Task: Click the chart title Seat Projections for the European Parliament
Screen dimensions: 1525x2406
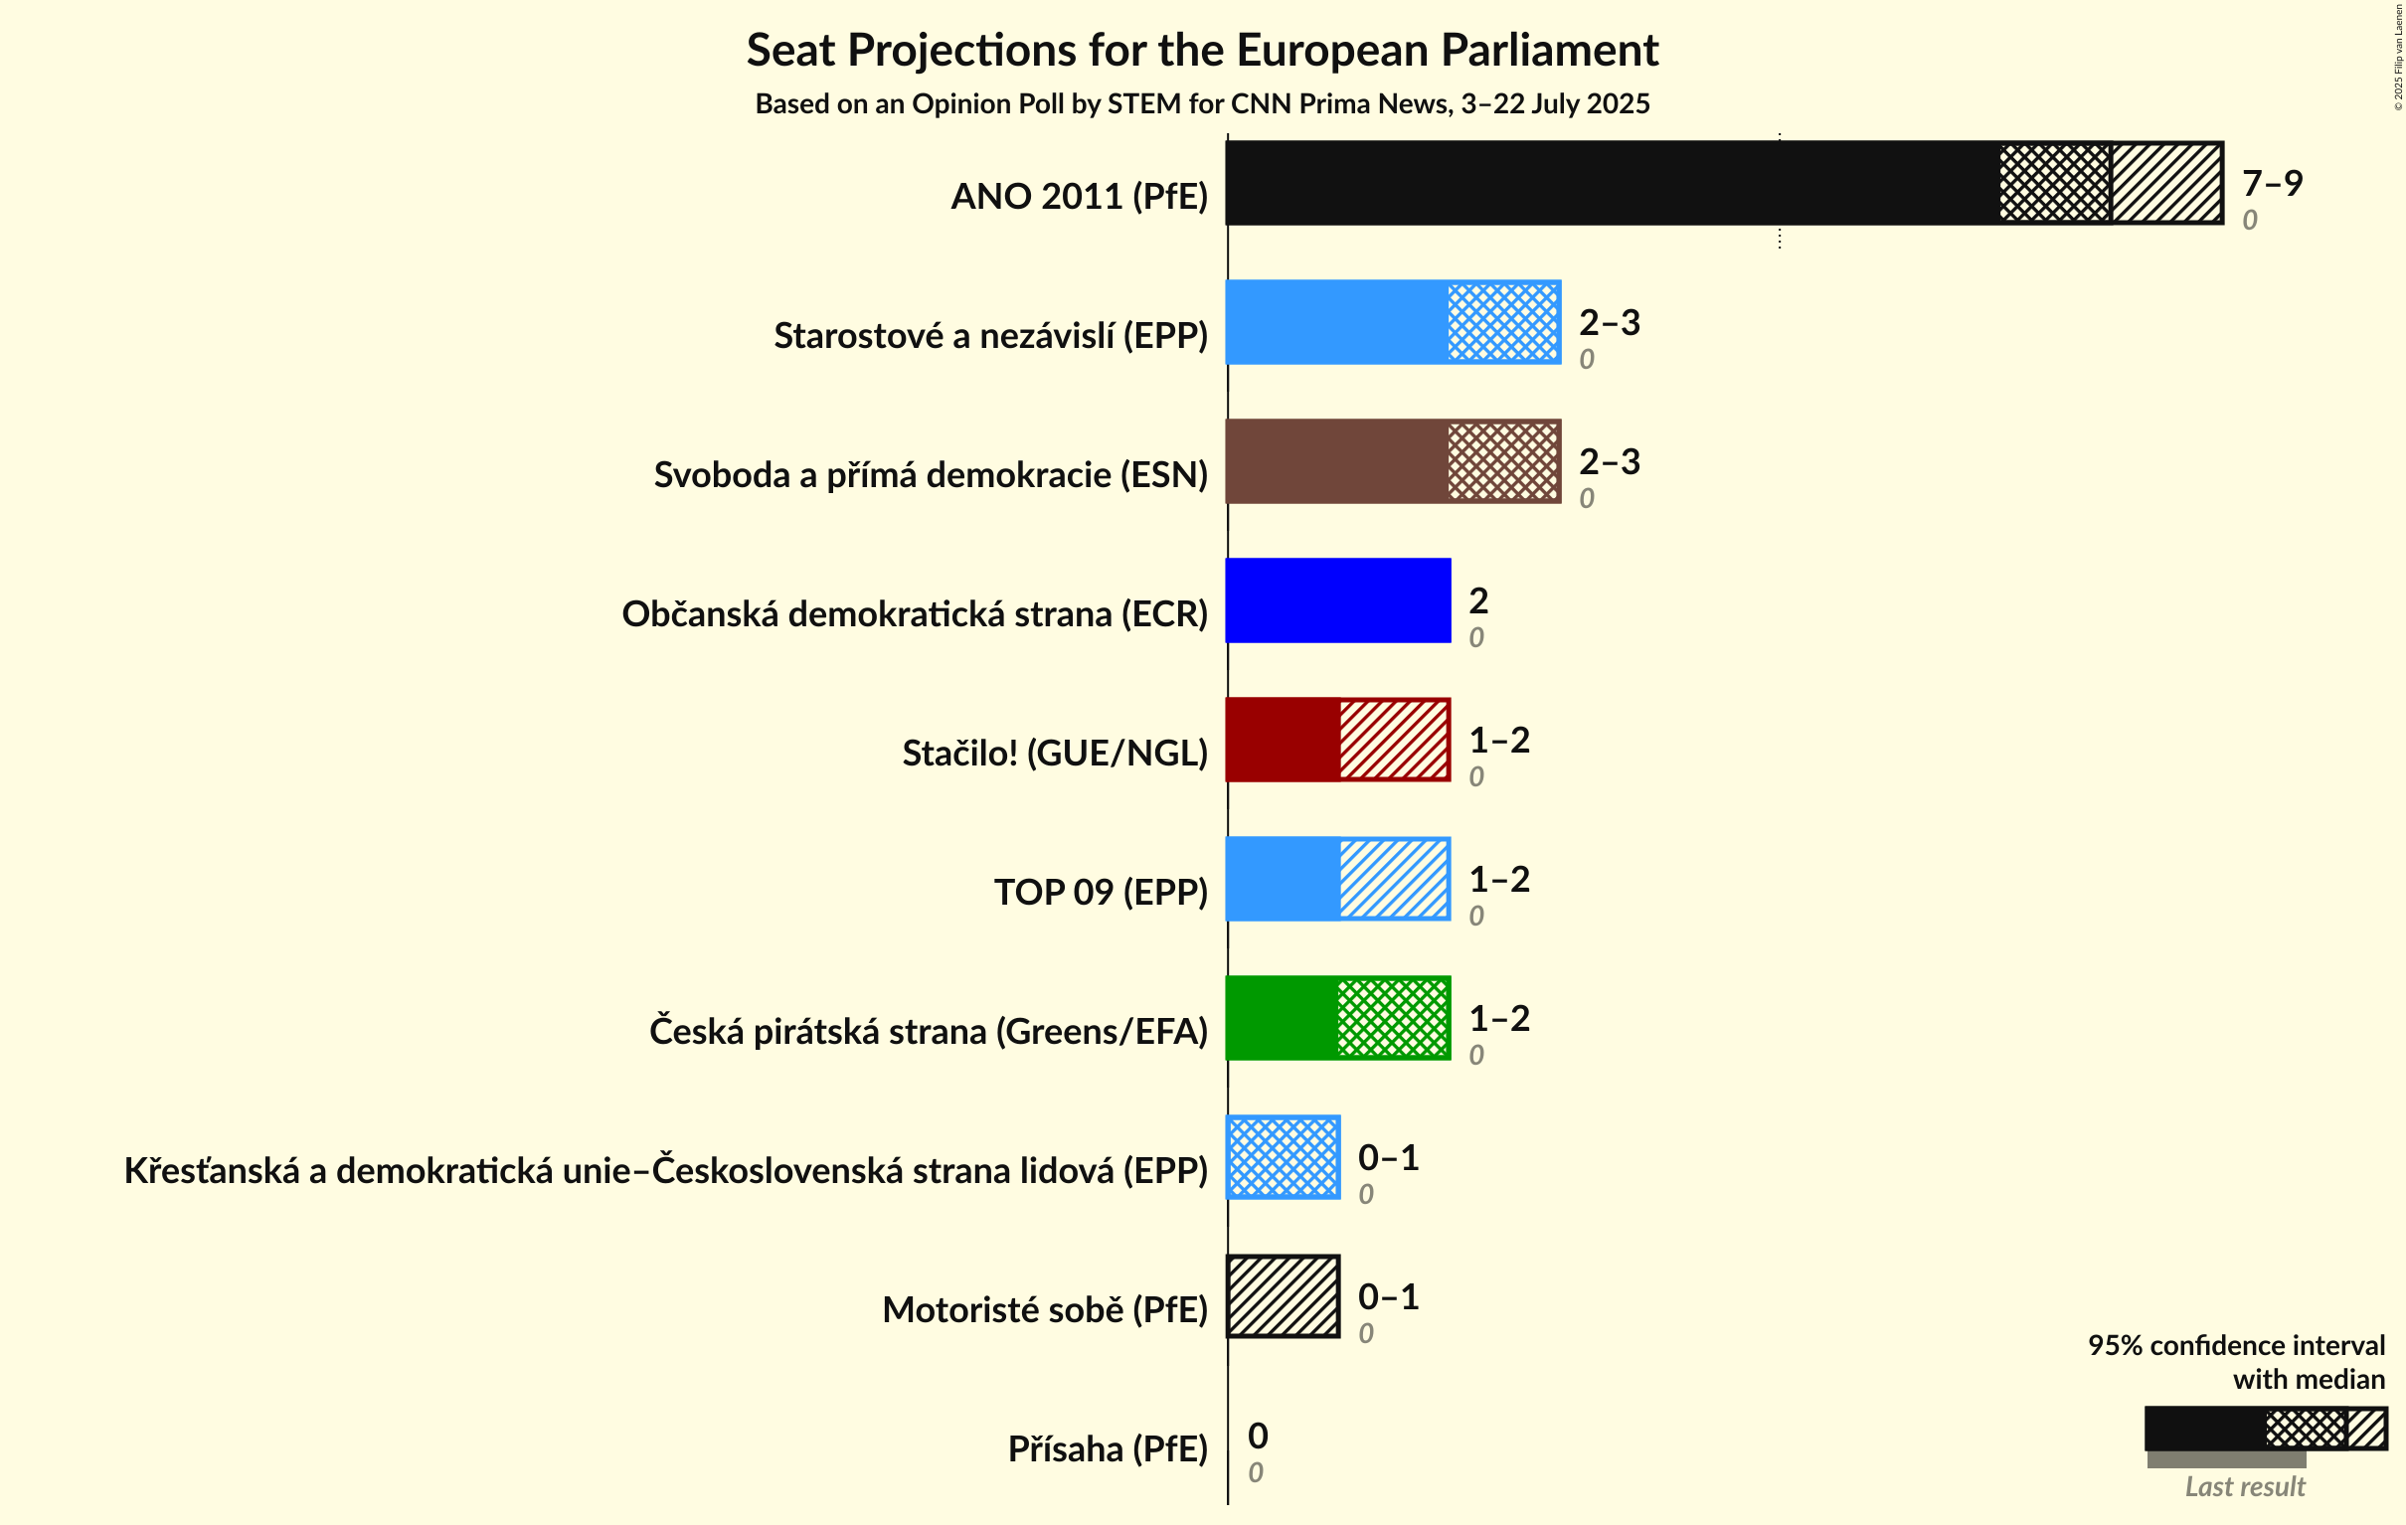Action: coord(1202,51)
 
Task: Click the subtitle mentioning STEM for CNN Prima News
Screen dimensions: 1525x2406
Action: coord(1202,104)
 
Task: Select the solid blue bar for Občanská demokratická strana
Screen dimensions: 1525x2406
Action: coord(1337,600)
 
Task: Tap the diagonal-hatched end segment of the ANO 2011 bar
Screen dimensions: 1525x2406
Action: coord(2166,183)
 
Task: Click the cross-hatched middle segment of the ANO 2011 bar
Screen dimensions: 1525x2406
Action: coord(2054,183)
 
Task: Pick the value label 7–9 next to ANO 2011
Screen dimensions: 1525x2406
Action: coord(2271,183)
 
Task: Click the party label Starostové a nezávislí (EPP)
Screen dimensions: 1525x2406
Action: coord(990,336)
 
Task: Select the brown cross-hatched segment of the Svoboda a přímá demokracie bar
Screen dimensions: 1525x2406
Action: coord(1502,461)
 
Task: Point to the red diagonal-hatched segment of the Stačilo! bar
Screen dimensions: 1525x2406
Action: coord(1394,740)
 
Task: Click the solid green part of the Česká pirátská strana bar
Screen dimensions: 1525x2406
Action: coord(1282,1017)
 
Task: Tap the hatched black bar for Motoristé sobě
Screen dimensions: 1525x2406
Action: coord(1283,1296)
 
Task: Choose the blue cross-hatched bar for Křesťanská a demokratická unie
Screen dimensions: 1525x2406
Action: coord(1283,1157)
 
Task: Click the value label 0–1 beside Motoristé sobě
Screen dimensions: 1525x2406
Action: coord(1388,1296)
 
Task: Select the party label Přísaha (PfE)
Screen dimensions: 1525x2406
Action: coord(1108,1449)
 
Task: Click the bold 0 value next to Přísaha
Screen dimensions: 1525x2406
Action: coord(1258,1437)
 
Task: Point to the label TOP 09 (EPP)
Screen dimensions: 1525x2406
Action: coord(1100,893)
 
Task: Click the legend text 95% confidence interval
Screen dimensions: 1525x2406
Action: coord(2235,1345)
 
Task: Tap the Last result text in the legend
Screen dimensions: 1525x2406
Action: coord(2244,1487)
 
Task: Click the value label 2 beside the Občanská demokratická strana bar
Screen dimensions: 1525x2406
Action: coord(1477,600)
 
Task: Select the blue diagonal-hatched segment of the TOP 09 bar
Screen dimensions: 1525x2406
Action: coord(1394,879)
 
